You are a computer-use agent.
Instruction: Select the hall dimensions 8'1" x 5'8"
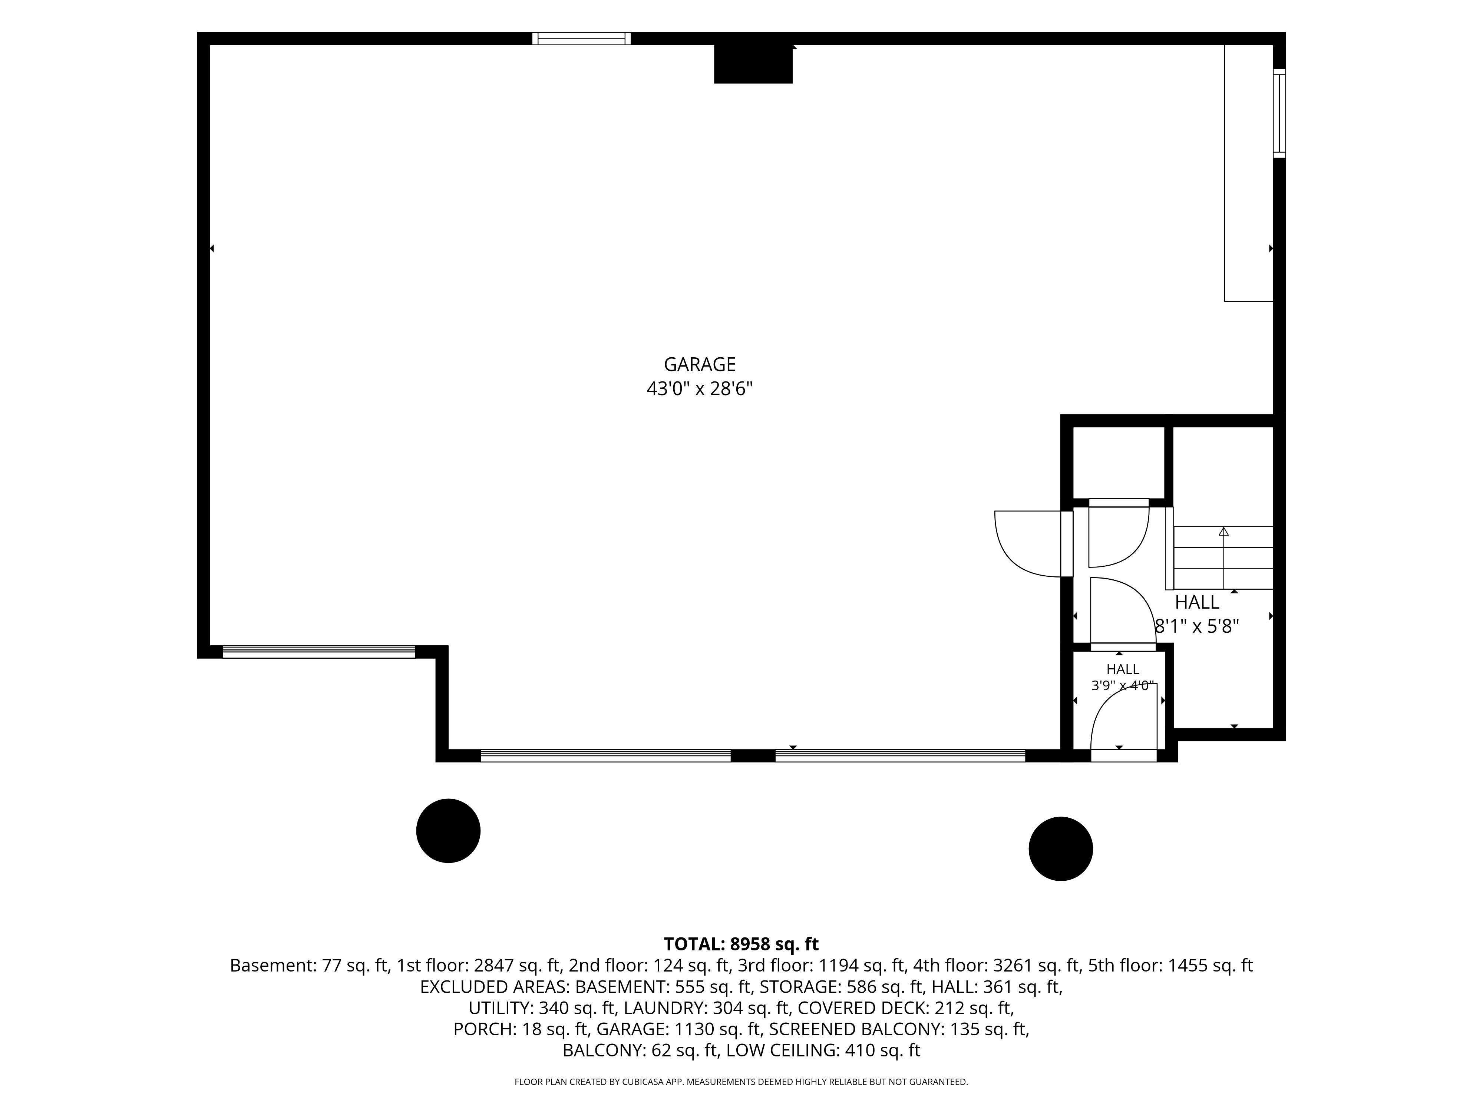(x=1197, y=626)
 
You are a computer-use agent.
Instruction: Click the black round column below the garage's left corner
(x=449, y=831)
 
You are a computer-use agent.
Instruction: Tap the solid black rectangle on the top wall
(x=753, y=64)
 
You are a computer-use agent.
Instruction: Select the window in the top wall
(x=581, y=38)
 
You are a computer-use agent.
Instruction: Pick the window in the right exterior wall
(x=1279, y=113)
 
